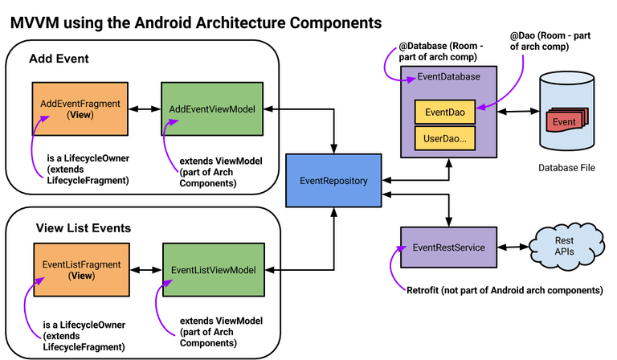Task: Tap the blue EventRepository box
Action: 333,181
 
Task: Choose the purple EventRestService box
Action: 448,247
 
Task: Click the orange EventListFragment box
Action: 81,269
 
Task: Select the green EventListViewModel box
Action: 214,270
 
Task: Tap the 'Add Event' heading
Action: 59,59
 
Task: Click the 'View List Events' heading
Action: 84,228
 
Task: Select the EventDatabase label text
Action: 449,76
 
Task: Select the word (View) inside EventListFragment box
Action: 81,275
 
